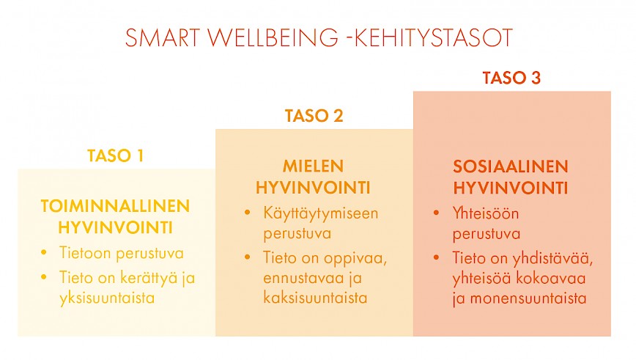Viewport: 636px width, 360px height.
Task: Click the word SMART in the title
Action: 163,37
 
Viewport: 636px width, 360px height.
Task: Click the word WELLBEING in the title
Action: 273,37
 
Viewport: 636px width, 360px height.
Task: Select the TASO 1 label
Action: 116,156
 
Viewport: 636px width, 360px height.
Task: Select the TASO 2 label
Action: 314,116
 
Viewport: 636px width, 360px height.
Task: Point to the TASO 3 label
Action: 511,78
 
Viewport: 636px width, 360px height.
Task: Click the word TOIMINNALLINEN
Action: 115,206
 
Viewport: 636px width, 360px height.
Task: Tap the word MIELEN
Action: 313,166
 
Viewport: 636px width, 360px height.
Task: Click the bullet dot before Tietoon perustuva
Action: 44,253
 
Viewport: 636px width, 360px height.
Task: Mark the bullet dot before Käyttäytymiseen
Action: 248,213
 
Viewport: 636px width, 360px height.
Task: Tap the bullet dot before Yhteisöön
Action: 437,213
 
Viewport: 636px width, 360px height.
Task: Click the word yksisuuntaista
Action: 107,298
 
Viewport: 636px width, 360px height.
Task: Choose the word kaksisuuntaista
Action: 315,298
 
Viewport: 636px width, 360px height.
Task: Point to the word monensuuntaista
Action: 528,298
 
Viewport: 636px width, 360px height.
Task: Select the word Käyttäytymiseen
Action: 321,214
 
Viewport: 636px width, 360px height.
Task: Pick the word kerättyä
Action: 149,279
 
